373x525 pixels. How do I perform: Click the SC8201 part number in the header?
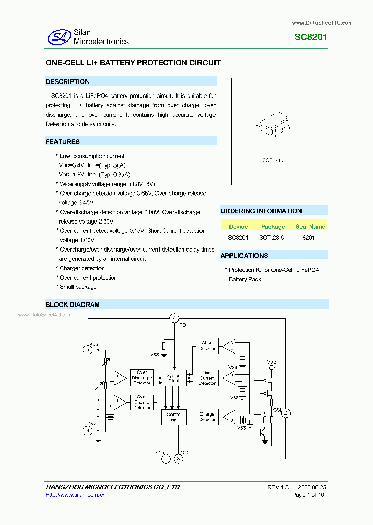click(x=311, y=37)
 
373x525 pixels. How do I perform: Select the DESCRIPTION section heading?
click(x=67, y=81)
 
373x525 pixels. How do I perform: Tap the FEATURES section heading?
click(x=63, y=142)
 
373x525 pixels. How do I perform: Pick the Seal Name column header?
click(x=310, y=227)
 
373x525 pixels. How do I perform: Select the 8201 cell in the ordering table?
click(x=308, y=237)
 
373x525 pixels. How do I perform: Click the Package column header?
click(x=273, y=227)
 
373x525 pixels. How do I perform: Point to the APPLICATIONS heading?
click(x=244, y=255)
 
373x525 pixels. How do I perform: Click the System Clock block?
click(x=174, y=378)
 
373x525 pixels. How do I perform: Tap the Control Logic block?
click(x=174, y=417)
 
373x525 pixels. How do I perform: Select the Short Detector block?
click(x=207, y=346)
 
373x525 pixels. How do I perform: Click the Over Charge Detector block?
click(x=141, y=403)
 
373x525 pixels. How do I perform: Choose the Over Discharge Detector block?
click(x=141, y=378)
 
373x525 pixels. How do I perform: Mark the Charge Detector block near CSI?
click(x=207, y=417)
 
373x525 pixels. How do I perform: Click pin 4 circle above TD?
click(x=175, y=318)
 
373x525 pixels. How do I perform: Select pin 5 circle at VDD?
click(x=88, y=350)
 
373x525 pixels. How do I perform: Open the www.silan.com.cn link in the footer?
click(x=76, y=495)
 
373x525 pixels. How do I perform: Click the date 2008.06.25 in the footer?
click(x=312, y=488)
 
